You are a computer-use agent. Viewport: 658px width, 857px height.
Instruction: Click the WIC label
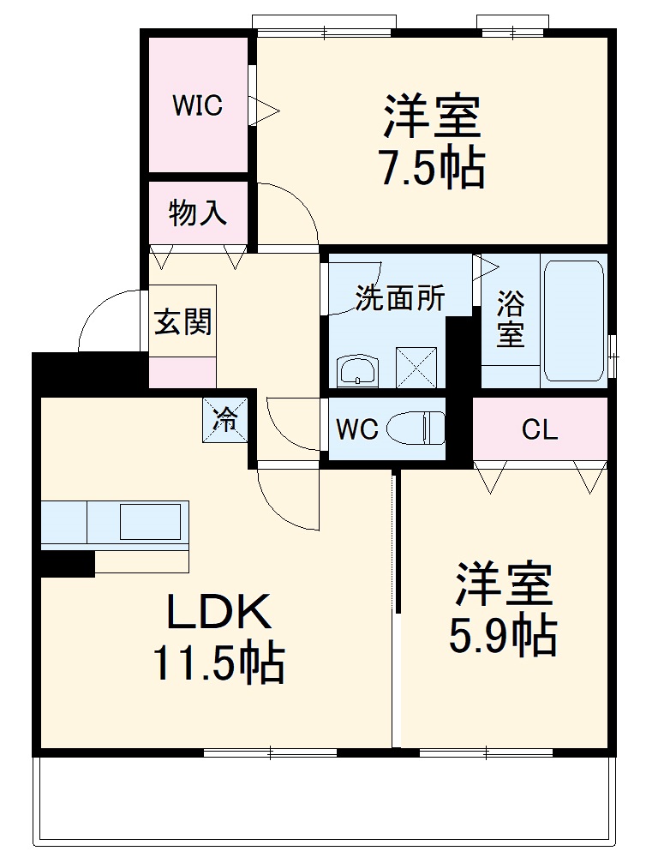point(197,105)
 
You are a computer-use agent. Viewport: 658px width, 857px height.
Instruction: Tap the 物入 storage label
point(198,213)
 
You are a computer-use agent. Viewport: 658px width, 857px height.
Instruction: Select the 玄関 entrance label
point(182,323)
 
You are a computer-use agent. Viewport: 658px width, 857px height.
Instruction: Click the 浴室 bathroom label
point(510,319)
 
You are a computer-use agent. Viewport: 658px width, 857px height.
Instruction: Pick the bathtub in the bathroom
point(573,319)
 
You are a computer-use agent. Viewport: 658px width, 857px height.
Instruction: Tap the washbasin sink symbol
point(357,371)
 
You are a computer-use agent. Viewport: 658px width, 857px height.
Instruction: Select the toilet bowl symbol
point(417,428)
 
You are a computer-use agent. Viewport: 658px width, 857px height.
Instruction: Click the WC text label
point(356,428)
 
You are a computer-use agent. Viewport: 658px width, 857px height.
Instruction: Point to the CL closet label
point(540,429)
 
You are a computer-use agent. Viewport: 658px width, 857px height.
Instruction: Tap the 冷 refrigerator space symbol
point(225,419)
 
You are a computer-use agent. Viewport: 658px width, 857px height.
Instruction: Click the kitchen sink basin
point(150,521)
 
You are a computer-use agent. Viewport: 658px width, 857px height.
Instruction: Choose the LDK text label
point(218,614)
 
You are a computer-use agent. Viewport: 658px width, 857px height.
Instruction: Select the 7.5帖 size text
point(433,167)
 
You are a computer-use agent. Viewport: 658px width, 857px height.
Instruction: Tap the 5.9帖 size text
point(503,635)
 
